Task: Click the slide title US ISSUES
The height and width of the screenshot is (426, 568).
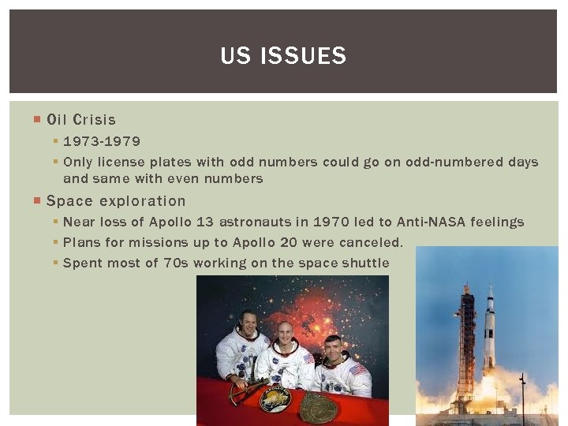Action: pos(283,56)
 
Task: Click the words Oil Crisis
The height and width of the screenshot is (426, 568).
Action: pos(81,120)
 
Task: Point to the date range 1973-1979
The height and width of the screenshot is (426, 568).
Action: pos(102,141)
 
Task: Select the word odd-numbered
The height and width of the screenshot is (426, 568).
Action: pos(447,162)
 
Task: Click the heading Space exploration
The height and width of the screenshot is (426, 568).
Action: pos(117,201)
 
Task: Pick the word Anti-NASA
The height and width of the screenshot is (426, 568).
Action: pos(432,222)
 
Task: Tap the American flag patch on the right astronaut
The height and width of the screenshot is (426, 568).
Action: pos(358,370)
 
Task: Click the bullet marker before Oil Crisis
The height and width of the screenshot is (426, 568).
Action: pos(37,120)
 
